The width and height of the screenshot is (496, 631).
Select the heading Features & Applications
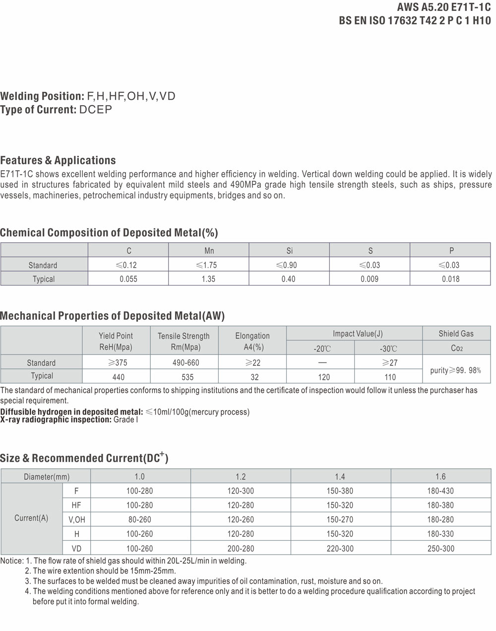click(x=58, y=160)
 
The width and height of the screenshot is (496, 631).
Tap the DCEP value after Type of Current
click(x=96, y=110)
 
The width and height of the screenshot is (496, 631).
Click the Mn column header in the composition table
click(x=209, y=251)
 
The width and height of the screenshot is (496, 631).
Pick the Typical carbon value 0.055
click(x=128, y=279)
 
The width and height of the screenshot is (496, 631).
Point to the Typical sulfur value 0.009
click(x=370, y=279)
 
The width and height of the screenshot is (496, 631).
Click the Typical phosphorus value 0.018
click(x=450, y=279)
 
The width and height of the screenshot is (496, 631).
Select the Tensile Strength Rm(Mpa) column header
click(x=184, y=342)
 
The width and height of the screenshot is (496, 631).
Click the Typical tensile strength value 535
click(x=187, y=377)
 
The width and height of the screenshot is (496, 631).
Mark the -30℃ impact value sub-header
click(x=388, y=349)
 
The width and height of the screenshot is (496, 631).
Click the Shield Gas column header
click(x=456, y=334)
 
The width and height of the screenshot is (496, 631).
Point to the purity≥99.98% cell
click(x=455, y=370)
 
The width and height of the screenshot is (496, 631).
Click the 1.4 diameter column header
click(x=340, y=477)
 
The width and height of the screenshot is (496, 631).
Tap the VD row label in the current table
click(x=76, y=549)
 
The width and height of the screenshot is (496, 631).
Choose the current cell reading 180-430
click(x=440, y=491)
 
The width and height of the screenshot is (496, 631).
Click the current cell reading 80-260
click(x=139, y=520)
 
